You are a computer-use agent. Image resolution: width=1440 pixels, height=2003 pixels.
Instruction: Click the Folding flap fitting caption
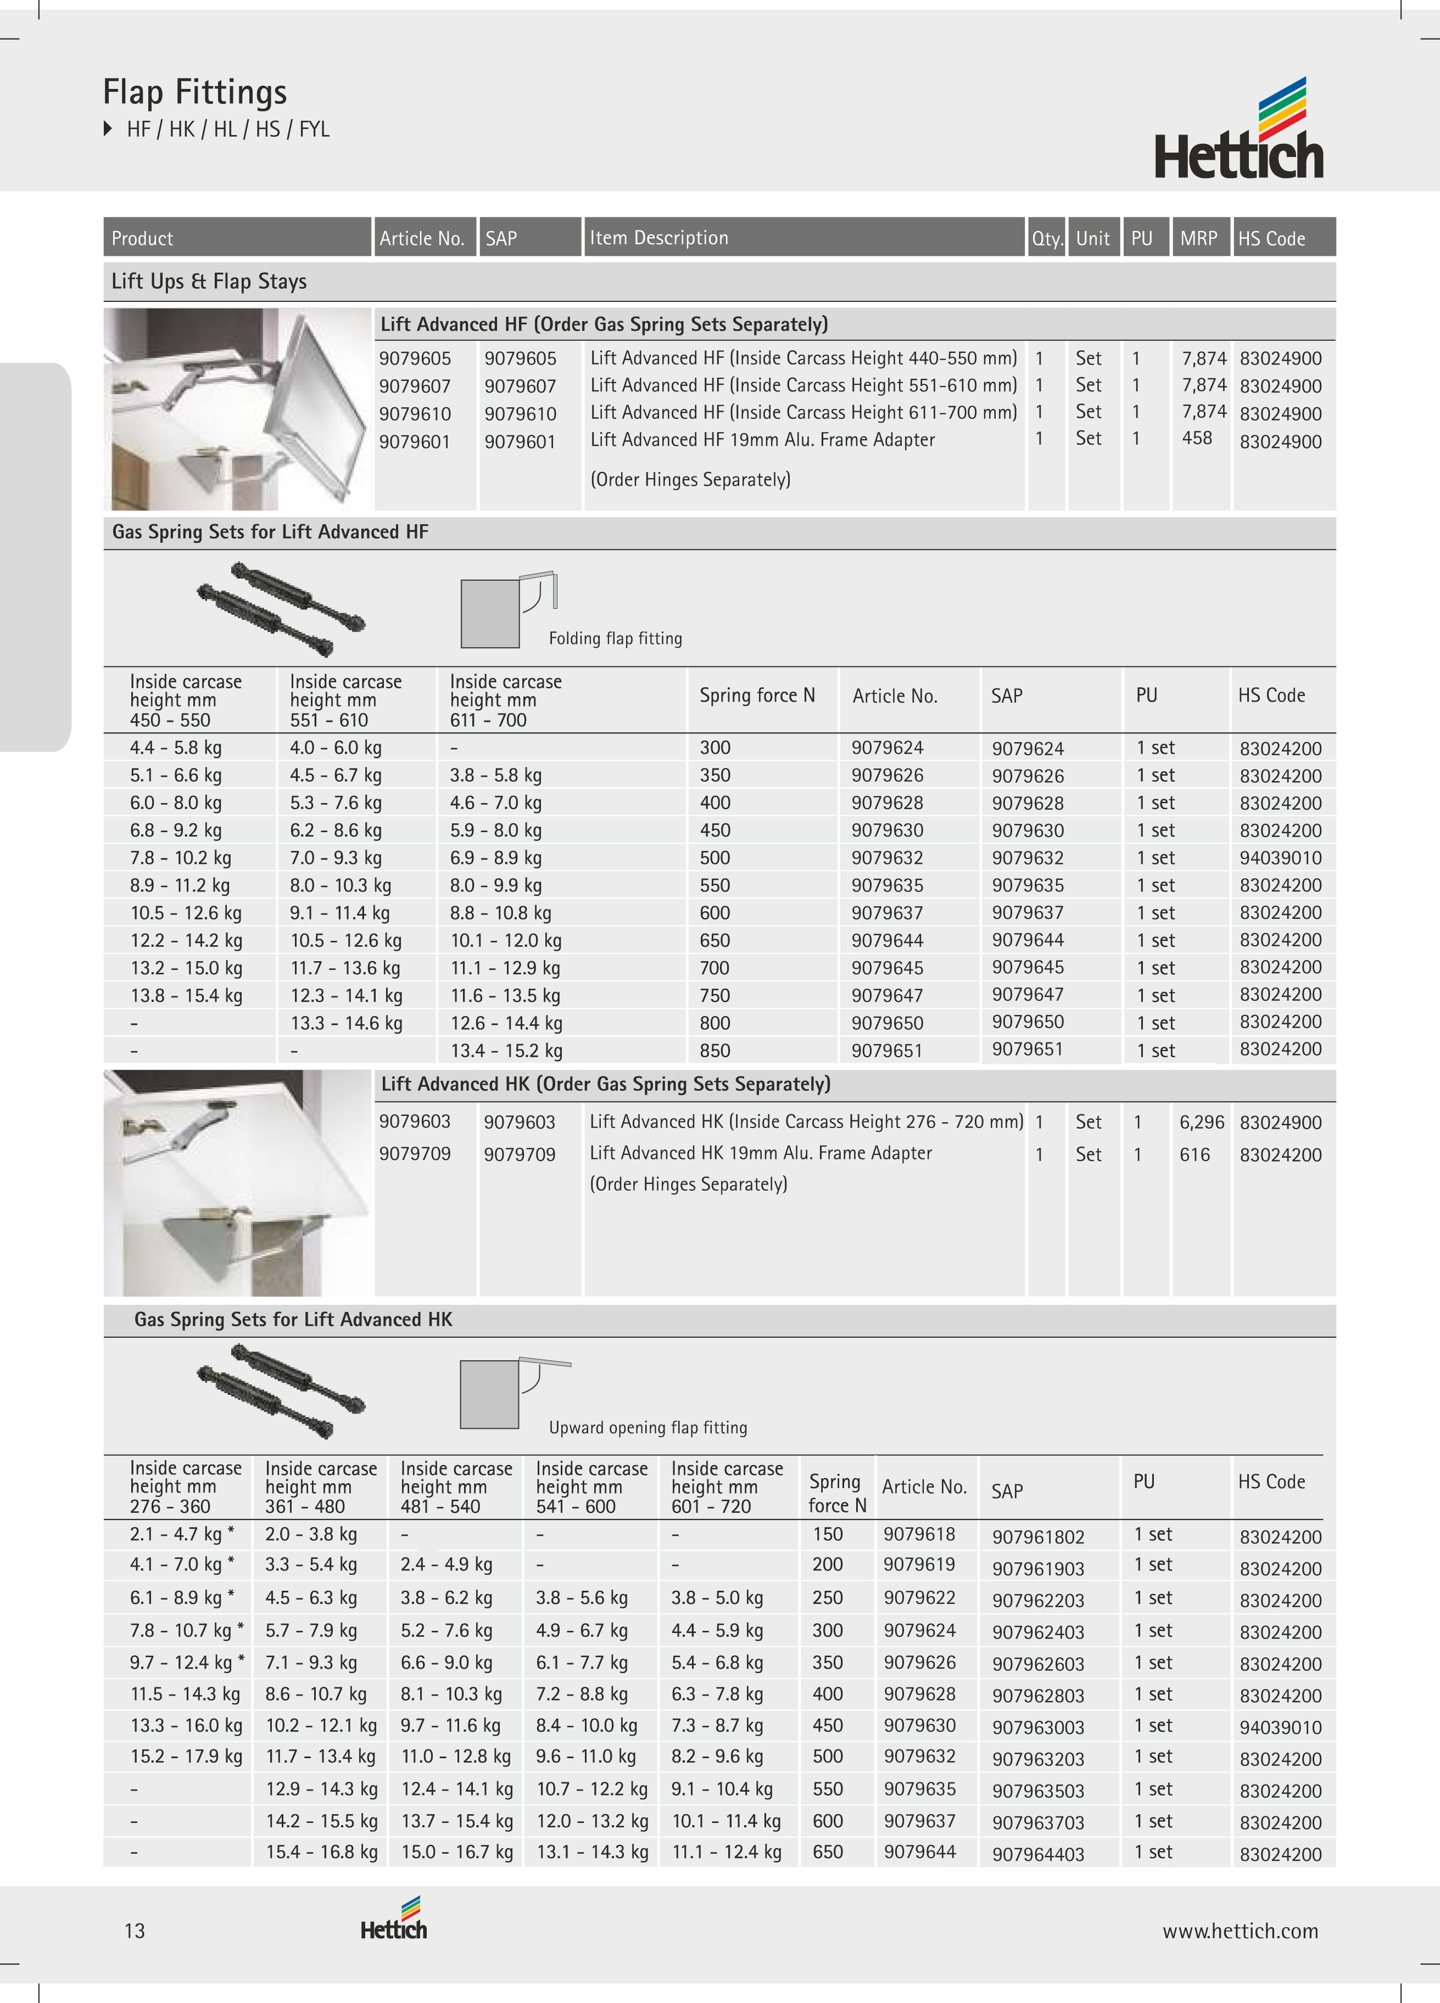615,638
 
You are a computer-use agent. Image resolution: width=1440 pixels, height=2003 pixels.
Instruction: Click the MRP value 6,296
1202,1121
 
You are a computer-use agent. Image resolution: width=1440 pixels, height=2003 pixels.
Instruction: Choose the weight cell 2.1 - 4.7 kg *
182,1534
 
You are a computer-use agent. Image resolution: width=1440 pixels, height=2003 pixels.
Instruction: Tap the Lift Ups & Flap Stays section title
209,282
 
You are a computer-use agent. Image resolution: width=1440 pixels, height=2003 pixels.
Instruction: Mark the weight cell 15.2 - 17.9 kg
186,1756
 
